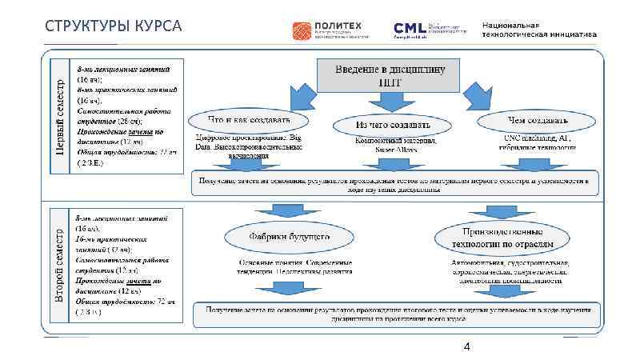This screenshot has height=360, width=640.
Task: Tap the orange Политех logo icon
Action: [306, 30]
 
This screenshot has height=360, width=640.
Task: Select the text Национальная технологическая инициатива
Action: [538, 30]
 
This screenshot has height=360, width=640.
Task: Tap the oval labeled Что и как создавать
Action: [248, 122]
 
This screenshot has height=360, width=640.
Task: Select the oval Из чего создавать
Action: [392, 126]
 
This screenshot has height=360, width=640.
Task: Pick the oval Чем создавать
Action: [538, 122]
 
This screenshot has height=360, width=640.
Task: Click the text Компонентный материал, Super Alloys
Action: [394, 145]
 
